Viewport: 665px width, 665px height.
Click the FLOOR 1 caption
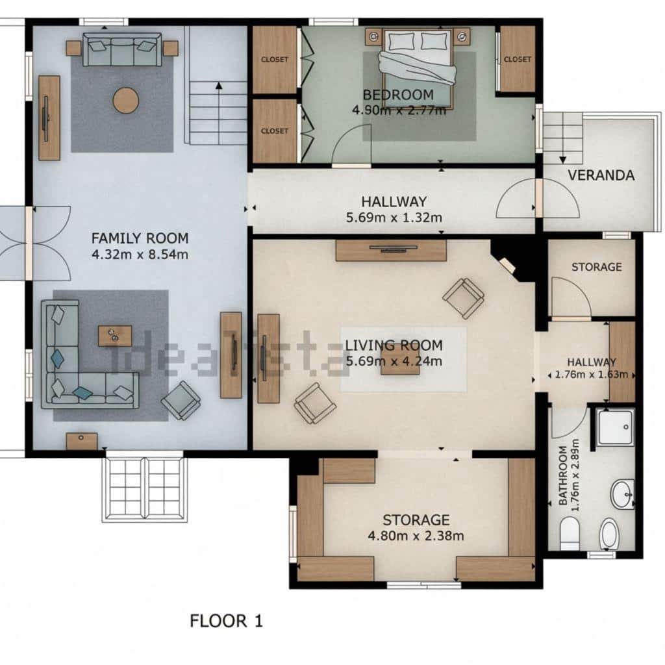click(226, 621)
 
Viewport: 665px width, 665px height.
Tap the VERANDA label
click(601, 175)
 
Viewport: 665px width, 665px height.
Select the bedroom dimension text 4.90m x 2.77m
click(399, 110)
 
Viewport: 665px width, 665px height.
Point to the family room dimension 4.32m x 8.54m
click(140, 255)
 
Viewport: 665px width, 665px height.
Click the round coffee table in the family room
click(125, 101)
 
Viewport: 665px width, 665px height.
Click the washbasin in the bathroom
click(622, 494)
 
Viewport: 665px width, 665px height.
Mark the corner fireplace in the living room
click(507, 265)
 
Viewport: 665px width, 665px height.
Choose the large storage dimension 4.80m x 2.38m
click(416, 536)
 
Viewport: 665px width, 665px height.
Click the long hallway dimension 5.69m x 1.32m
click(394, 218)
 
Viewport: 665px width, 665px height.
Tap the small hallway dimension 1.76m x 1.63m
click(591, 375)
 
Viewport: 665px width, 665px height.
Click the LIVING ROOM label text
click(394, 345)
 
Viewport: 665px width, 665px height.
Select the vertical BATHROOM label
click(563, 475)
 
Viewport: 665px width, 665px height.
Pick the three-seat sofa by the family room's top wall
click(122, 50)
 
